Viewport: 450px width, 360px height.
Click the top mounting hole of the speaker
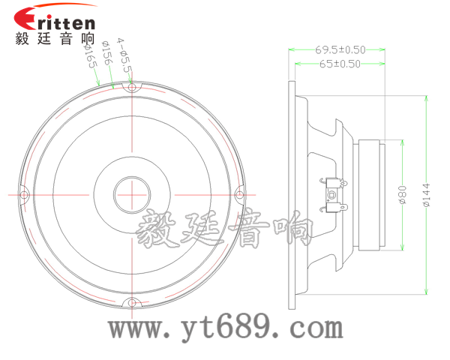pos(133,88)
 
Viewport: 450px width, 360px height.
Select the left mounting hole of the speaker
pos(23,195)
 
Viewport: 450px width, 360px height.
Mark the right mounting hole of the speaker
pos(241,195)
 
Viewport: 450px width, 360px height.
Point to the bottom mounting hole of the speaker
pos(133,303)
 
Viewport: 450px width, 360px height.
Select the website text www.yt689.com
pos(225,327)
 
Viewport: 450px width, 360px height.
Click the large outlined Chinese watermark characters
pos(225,229)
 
